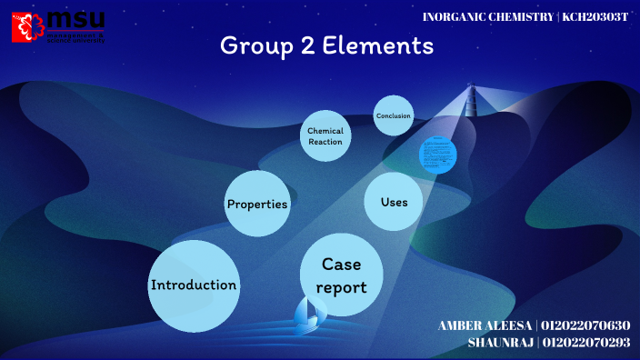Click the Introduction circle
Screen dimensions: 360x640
pyautogui.click(x=194, y=285)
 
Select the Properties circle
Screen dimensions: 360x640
pyautogui.click(x=257, y=204)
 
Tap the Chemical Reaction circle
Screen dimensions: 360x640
pyautogui.click(x=325, y=136)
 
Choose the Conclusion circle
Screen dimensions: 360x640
pyautogui.click(x=394, y=115)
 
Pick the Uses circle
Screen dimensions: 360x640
pyautogui.click(x=394, y=202)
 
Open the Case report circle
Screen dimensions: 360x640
pyautogui.click(x=343, y=275)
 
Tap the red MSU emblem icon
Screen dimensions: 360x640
pyautogui.click(x=27, y=26)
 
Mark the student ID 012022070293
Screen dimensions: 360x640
pyautogui.click(x=585, y=343)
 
